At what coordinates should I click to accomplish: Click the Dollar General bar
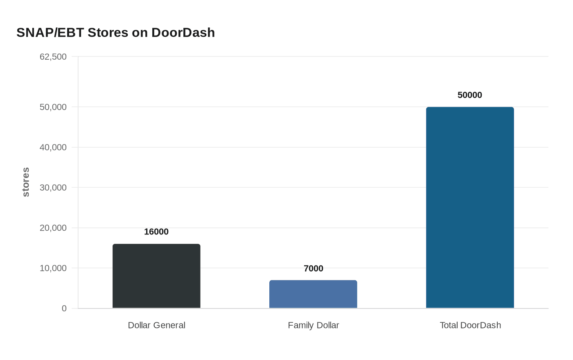pos(156,276)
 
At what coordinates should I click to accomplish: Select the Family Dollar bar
pos(313,294)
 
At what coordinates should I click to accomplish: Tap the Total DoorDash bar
pos(470,207)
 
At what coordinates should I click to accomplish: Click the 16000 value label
pos(156,232)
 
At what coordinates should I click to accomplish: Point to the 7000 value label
pos(313,268)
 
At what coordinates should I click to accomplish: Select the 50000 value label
pos(470,95)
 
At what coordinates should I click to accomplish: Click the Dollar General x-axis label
pos(156,325)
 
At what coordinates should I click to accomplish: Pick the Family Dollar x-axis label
pos(313,325)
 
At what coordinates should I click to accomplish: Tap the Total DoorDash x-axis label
pos(470,325)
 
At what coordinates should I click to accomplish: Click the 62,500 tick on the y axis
pos(53,56)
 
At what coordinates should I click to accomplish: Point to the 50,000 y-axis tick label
pos(53,107)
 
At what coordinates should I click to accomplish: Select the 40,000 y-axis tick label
pos(53,147)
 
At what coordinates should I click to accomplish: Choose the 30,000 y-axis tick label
pos(53,187)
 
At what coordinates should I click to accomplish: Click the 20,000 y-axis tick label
pos(53,228)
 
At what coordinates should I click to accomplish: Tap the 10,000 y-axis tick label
pos(53,268)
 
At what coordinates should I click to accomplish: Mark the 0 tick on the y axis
pos(64,308)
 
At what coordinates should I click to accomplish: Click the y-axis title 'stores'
pos(26,182)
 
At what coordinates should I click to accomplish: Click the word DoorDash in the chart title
pos(183,32)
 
